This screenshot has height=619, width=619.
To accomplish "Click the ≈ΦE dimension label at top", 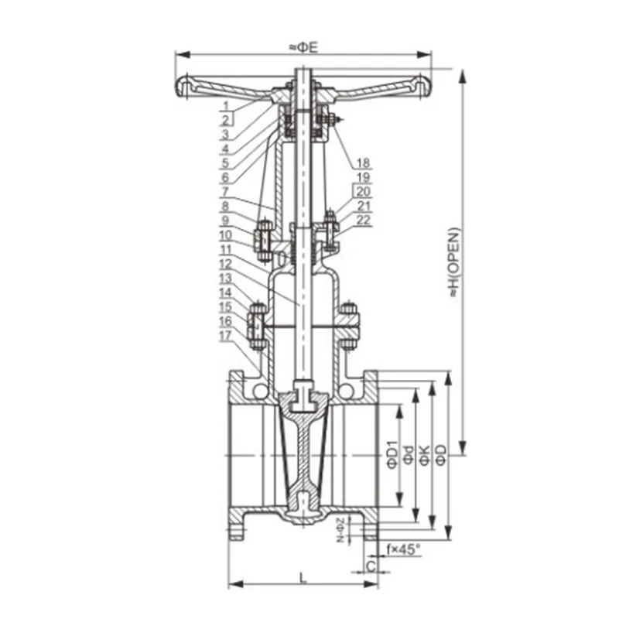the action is coord(303,47).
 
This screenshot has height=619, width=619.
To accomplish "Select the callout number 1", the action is coord(226,106).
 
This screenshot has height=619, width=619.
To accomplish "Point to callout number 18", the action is coord(363,162).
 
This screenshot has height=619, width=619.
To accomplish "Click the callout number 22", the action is coord(364,220).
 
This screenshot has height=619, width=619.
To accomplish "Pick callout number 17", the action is coord(225,335).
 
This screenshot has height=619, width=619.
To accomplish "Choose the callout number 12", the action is coord(226,264).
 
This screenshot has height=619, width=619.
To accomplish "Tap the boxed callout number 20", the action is coord(364,191).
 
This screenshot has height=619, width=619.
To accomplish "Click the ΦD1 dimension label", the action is coord(393,456).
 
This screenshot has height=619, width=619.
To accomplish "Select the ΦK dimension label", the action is coord(424,456).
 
